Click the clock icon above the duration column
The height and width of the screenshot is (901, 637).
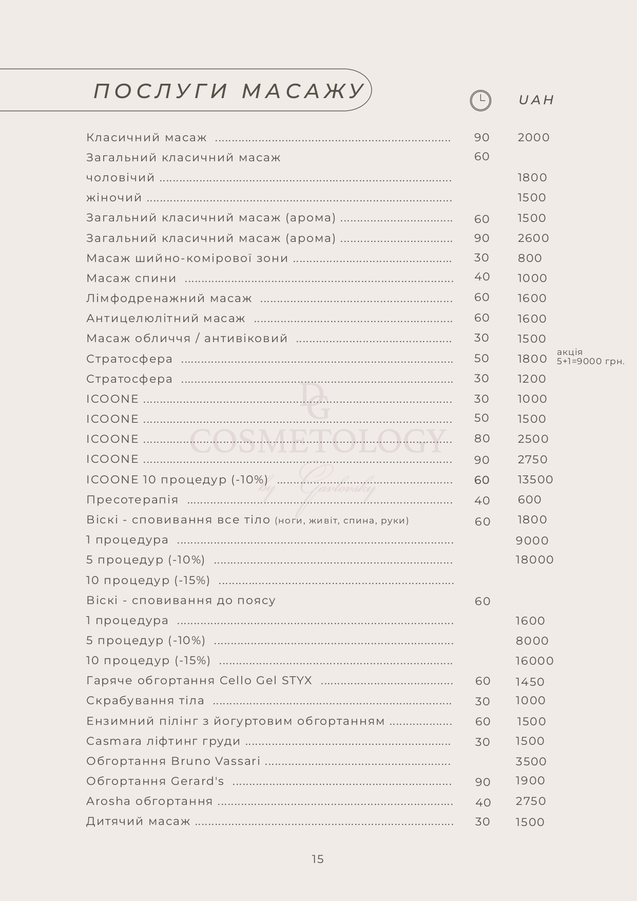(x=480, y=100)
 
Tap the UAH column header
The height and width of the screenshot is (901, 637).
(x=536, y=100)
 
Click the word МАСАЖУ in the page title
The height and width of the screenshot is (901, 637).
(x=303, y=91)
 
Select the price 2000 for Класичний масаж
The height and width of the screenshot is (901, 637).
(x=533, y=138)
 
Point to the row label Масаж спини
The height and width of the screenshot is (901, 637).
(x=131, y=278)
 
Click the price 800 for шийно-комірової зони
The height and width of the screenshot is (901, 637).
(x=530, y=258)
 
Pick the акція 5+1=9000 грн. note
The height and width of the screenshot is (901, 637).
(x=590, y=356)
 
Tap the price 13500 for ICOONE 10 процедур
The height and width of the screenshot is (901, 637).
(x=535, y=480)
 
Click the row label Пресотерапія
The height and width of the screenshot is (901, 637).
(x=132, y=500)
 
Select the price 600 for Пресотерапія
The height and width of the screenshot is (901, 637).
(x=529, y=500)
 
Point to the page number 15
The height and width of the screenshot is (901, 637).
(x=318, y=859)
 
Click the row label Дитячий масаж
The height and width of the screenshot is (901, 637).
(x=138, y=821)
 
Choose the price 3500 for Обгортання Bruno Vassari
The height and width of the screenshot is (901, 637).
(x=531, y=762)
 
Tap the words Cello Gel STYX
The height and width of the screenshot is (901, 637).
(x=265, y=681)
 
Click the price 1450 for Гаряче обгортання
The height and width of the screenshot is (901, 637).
(x=530, y=682)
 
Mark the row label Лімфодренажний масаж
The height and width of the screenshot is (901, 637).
(x=169, y=298)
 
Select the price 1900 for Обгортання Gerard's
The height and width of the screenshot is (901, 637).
(x=530, y=781)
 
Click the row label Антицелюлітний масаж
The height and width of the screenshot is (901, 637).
(x=165, y=318)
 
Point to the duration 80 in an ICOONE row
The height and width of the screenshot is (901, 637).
(x=481, y=439)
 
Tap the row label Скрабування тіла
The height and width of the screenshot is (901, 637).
(x=145, y=701)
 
